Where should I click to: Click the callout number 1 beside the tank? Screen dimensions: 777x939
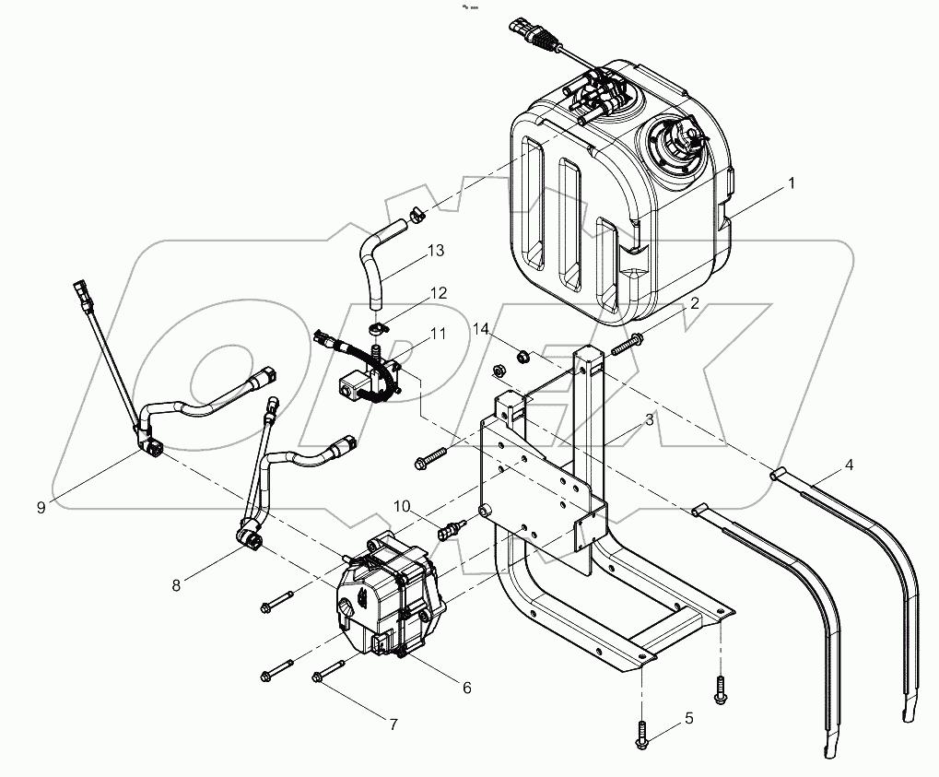click(789, 184)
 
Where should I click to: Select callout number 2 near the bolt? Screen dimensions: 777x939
click(695, 303)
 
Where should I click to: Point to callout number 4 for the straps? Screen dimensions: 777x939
click(849, 465)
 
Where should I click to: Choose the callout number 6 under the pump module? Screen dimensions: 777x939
click(466, 688)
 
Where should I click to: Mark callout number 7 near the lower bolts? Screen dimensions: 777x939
click(393, 724)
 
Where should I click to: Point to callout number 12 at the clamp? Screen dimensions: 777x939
click(437, 292)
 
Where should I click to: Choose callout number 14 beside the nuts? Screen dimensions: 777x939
click(481, 328)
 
